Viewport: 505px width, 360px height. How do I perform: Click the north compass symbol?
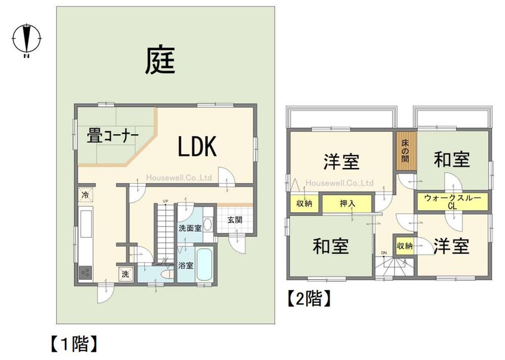[x=26, y=38]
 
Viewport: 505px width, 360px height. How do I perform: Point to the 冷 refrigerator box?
[x=85, y=194]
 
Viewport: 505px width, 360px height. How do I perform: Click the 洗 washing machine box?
[x=125, y=275]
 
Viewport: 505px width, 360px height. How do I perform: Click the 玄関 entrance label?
[x=234, y=220]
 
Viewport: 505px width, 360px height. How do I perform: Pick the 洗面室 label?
[x=189, y=228]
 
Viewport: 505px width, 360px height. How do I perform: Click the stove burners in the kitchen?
[x=85, y=273]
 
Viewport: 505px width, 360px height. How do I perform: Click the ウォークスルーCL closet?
[x=452, y=201]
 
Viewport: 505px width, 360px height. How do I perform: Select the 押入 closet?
[x=347, y=204]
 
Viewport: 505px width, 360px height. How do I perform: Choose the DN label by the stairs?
[x=384, y=252]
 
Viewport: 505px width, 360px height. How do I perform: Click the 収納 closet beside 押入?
[x=304, y=204]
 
